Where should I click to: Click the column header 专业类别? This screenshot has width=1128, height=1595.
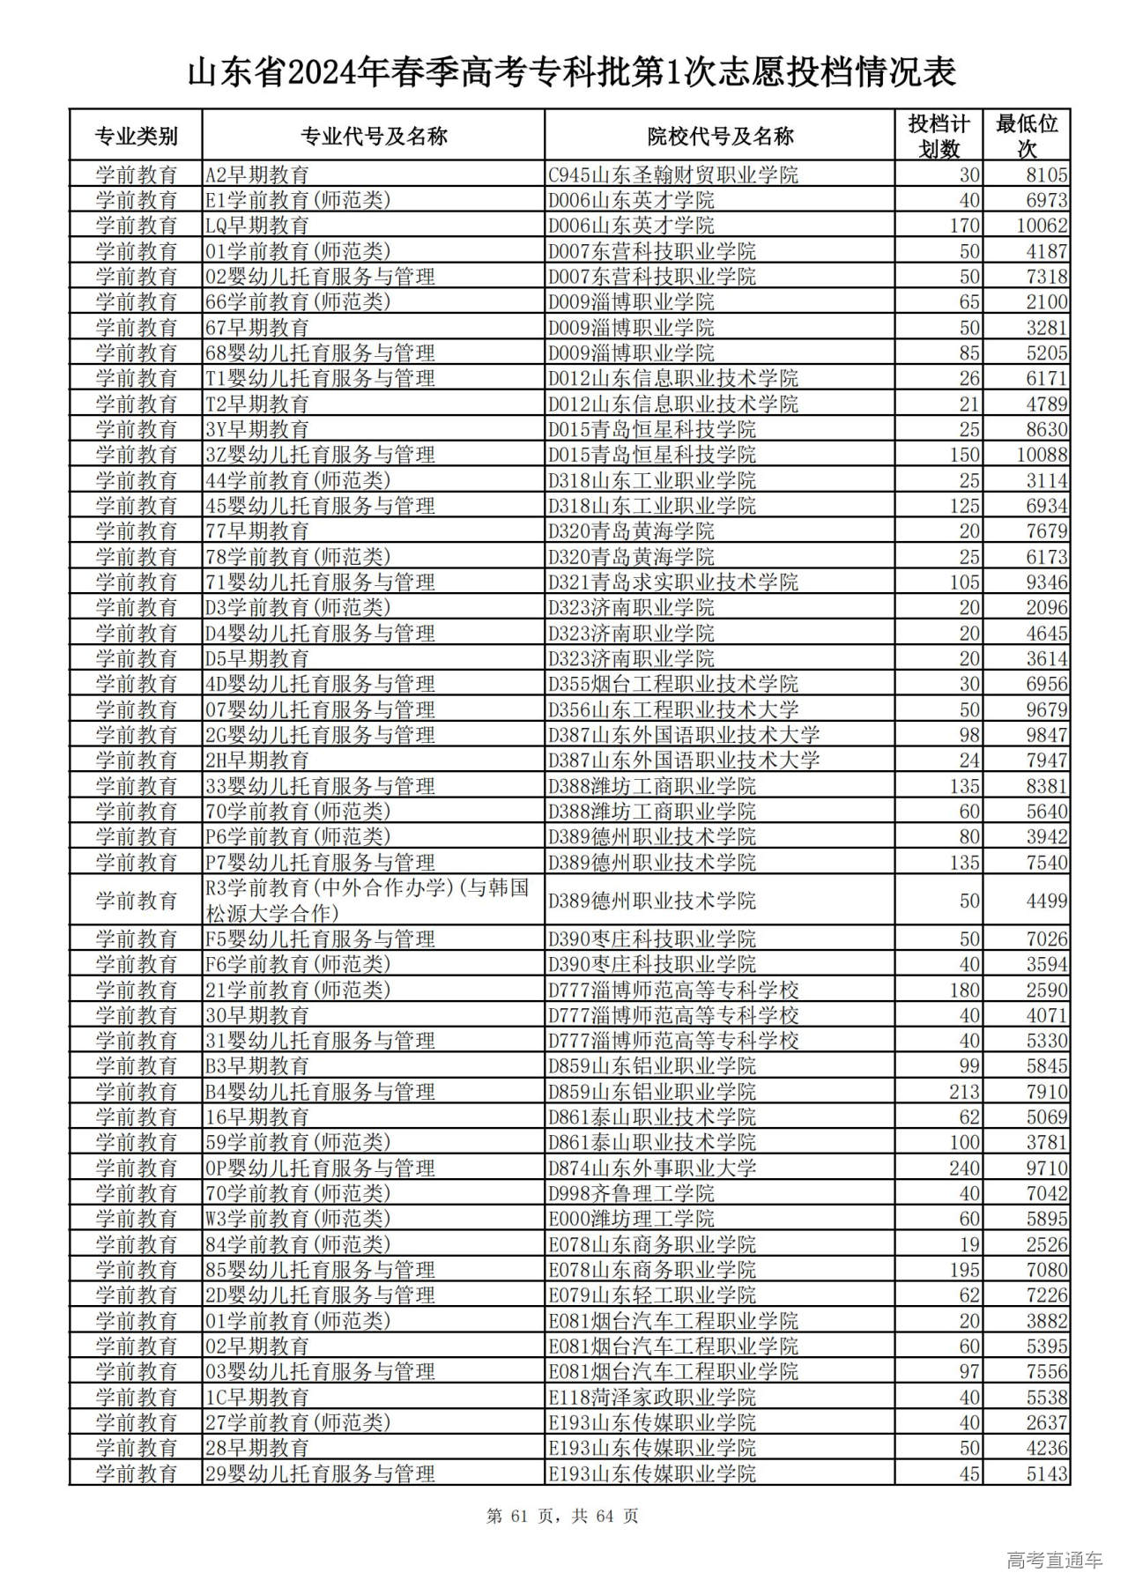136,136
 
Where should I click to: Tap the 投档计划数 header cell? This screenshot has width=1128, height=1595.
939,136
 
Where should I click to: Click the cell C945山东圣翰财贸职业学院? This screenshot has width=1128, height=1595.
673,174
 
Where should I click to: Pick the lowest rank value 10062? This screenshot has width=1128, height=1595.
1042,226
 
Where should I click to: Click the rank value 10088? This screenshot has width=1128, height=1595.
1042,455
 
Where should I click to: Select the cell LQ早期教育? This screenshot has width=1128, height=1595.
257,226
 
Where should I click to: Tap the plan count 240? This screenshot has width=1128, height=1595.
964,1168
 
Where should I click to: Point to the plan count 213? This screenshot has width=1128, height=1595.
964,1092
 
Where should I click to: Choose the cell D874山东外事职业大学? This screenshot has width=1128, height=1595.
652,1168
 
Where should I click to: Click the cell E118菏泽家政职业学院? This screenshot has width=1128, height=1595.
652,1398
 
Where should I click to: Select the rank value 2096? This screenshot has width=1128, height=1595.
1047,608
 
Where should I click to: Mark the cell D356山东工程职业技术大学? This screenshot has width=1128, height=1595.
673,709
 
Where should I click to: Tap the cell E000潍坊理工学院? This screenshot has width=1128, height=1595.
631,1219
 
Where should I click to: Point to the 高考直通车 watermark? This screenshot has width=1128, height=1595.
1054,1560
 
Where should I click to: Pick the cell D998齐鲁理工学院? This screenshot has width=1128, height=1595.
631,1194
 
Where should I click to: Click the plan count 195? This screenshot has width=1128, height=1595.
964,1270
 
